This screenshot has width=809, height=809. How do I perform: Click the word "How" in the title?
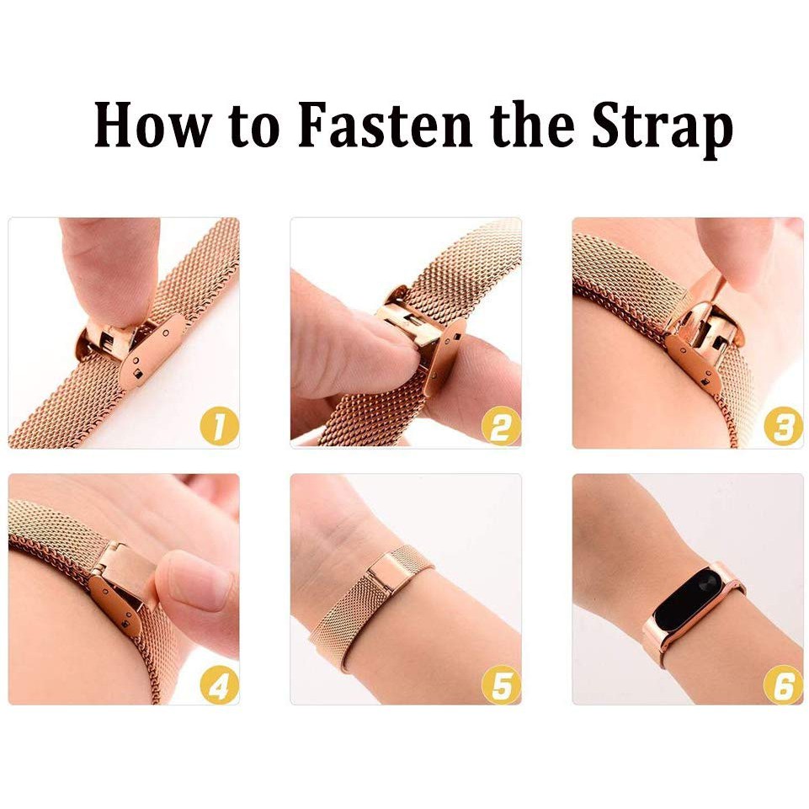[x=153, y=125]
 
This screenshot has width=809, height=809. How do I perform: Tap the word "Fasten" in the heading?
[x=386, y=125]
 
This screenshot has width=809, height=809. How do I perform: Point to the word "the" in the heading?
[x=532, y=125]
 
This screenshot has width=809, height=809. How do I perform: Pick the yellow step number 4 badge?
[x=219, y=684]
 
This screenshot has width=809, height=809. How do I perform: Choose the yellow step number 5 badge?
[x=501, y=684]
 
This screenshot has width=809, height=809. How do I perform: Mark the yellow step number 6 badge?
[x=783, y=684]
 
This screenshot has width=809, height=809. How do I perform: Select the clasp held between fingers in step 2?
[x=419, y=335]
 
